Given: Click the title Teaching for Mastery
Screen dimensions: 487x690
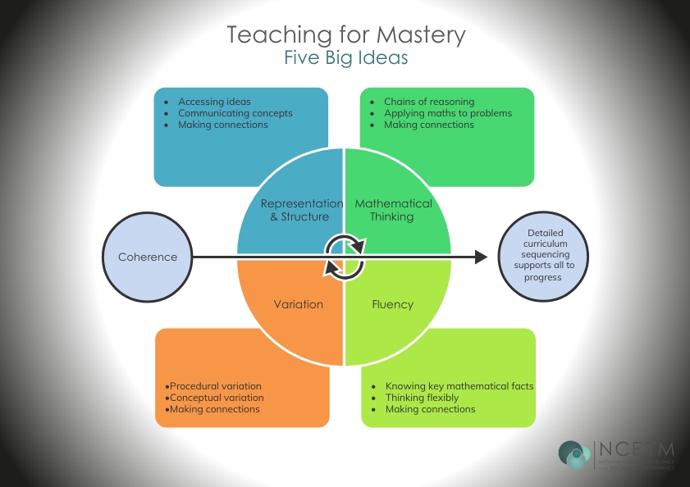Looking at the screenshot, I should pos(345,35).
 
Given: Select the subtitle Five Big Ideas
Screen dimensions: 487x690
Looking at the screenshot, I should pos(345,58).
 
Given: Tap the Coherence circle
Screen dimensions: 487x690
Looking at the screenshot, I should pos(148,257).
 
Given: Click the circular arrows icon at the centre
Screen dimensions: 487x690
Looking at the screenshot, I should pos(345,257).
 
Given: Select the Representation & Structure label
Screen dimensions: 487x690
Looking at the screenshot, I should pos(301,210).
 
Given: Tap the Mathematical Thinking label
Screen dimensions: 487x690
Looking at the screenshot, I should pos(392,210).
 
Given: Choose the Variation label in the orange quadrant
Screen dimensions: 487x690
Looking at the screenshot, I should pos(298,304).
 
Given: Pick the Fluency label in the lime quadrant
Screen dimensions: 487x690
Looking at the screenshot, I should pos(392,304).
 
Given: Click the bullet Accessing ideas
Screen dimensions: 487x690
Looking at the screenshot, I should pos(214,102).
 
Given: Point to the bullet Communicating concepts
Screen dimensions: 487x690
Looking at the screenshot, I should pos(235,113).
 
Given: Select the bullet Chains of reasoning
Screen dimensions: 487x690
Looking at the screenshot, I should pos(428,102).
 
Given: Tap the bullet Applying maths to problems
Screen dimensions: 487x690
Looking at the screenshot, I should pos(447,113).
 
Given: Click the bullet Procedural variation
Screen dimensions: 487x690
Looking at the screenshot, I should pos(216,386).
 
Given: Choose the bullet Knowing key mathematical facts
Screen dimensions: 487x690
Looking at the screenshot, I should pos(459,386).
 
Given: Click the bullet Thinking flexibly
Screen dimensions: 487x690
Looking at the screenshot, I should pos(422,398).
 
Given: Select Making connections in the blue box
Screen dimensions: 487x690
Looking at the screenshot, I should pos(222,125).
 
